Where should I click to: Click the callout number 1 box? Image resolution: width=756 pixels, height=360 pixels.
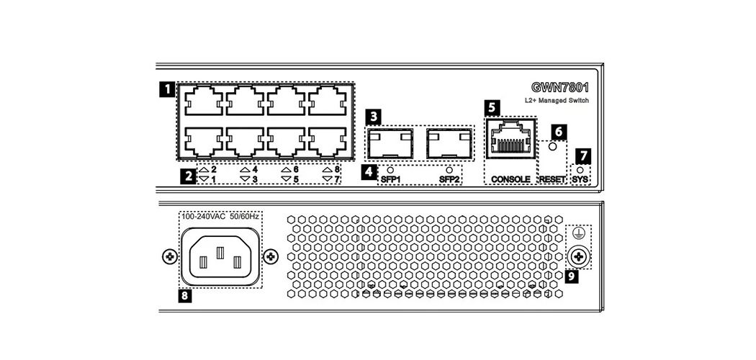(x=166, y=90)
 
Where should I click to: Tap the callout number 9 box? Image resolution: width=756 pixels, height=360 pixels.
(x=572, y=276)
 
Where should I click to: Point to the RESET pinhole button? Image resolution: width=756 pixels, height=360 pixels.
(x=553, y=147)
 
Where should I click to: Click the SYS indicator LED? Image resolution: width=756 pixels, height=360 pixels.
(x=580, y=169)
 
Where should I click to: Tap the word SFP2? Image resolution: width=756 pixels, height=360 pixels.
(x=448, y=179)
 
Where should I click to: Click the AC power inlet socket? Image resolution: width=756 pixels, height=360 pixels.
(x=220, y=257)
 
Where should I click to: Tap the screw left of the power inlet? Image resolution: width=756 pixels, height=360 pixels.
(x=169, y=256)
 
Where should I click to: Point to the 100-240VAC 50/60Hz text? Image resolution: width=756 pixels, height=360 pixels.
(x=220, y=216)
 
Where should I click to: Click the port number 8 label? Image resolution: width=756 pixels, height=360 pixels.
(x=337, y=168)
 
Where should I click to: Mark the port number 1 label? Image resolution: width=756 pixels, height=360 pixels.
(x=214, y=178)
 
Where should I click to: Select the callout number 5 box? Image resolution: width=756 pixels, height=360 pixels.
(x=492, y=107)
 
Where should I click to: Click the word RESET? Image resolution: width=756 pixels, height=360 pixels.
(x=553, y=178)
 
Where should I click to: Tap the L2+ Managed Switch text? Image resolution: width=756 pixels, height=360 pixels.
(x=557, y=101)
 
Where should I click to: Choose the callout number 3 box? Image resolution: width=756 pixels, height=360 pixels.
(x=373, y=115)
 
